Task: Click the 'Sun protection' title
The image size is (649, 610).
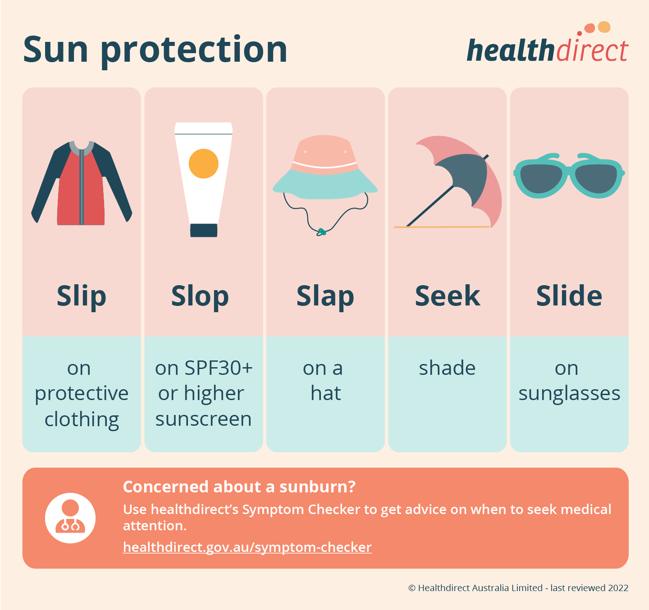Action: (x=155, y=50)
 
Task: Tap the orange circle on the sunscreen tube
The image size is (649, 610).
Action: (x=203, y=164)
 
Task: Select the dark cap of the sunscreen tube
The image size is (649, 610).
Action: (x=204, y=230)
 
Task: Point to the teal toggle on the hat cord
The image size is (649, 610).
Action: (x=321, y=232)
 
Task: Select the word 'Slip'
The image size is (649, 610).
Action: (x=82, y=296)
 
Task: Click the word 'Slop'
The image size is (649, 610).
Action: (x=200, y=296)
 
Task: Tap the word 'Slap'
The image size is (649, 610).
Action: (x=325, y=296)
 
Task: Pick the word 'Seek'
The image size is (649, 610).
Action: (x=447, y=296)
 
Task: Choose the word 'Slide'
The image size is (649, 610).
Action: (x=569, y=296)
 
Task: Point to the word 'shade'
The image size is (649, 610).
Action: (x=447, y=368)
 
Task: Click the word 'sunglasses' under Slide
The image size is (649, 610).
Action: (x=569, y=393)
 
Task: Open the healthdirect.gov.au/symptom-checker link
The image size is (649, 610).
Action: (x=247, y=547)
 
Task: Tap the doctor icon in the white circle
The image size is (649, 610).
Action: (x=70, y=518)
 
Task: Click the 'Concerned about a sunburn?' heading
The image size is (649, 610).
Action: (x=239, y=487)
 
